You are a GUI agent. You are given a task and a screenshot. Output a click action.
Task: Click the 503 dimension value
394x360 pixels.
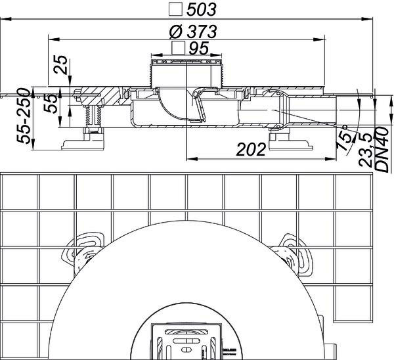point(202,10)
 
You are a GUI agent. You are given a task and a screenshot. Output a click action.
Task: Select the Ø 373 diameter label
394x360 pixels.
point(193,32)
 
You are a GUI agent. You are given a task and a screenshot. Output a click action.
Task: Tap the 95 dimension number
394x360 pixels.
point(198,48)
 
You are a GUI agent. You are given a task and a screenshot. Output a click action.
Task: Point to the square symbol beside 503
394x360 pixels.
point(175,10)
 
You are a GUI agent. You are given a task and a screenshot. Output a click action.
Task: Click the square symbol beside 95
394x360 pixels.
point(178,48)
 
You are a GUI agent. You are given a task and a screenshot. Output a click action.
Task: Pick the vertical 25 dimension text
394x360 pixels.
point(61,64)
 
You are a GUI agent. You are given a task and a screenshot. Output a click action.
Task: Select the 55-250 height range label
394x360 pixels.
point(24,116)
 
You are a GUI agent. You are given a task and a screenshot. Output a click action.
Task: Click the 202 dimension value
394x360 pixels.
point(251,150)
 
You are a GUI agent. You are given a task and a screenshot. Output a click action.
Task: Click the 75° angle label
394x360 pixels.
point(345,139)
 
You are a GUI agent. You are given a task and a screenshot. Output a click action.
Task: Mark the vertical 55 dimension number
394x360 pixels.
point(51,103)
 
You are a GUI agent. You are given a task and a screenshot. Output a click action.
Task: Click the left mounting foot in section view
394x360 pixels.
point(83,139)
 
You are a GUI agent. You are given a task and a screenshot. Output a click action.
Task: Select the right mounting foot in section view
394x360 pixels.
point(290,139)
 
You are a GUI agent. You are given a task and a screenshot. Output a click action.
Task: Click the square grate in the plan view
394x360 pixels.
point(187,342)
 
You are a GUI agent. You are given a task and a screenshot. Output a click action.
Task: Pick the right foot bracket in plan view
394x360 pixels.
point(292,254)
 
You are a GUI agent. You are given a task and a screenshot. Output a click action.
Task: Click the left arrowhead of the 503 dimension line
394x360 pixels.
point(6,19)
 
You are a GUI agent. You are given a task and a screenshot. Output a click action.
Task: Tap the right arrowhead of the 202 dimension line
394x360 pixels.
point(331,158)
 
